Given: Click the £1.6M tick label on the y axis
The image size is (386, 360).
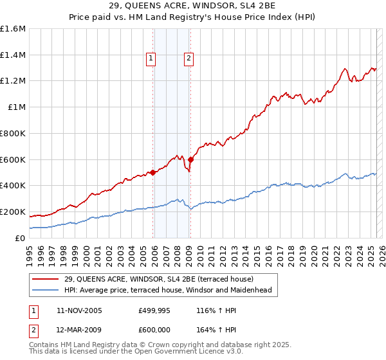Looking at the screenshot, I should [x=14, y=29].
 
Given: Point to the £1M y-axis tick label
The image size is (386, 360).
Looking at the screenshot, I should [x=17, y=107].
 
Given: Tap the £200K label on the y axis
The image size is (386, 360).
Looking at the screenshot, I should [x=14, y=212].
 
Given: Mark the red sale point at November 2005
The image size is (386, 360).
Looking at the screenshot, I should [x=153, y=172].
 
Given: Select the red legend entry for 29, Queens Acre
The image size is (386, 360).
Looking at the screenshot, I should [x=159, y=279].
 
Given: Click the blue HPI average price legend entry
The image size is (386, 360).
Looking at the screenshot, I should [x=167, y=290].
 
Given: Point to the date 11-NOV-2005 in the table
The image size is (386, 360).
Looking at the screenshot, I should [x=79, y=310].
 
